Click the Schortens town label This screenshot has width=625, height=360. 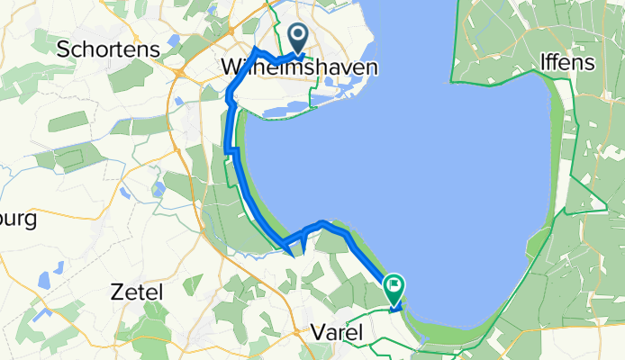(107, 49)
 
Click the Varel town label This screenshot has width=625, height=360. (336, 332)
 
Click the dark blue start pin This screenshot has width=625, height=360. (297, 37)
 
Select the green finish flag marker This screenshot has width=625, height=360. (394, 287)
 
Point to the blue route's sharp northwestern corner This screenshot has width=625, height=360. (257, 48)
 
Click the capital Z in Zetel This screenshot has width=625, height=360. (114, 292)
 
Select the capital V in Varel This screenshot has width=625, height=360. (316, 332)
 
